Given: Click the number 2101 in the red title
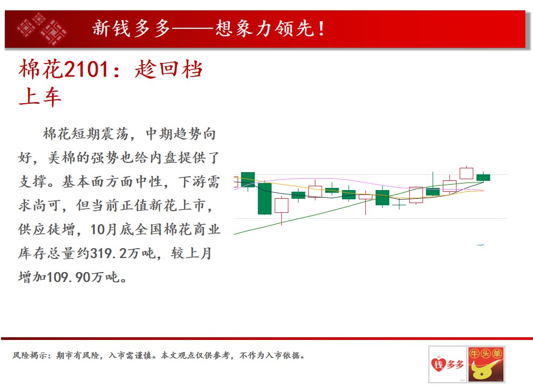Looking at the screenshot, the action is [86, 70].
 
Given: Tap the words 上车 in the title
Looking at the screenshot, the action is [40, 97].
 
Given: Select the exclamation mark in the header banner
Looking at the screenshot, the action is [321, 28].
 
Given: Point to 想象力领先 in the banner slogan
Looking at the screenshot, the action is [265, 28].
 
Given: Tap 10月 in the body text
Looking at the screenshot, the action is [104, 230].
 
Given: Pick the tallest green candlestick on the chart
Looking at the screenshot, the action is [264, 199].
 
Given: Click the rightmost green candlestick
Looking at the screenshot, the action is [483, 177].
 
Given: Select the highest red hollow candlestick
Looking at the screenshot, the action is [466, 173].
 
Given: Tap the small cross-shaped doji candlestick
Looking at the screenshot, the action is [399, 205].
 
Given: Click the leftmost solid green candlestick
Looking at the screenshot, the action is [248, 180].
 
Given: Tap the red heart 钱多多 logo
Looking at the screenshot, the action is [447, 364].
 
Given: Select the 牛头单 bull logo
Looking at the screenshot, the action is [486, 364].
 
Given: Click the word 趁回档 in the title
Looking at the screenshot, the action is [169, 70].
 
